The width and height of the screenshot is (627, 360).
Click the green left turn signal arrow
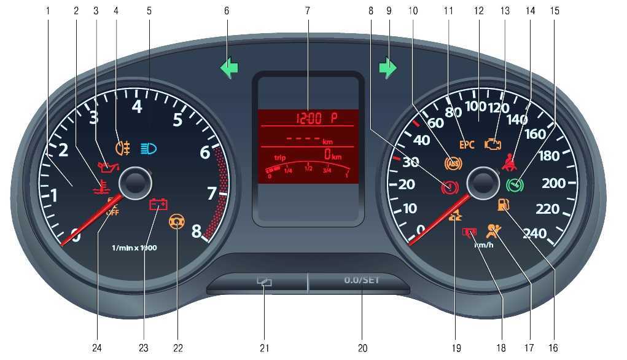click(229, 68)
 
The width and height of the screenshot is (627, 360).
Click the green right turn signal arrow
click(388, 68)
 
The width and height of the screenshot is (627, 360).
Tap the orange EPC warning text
click(467, 145)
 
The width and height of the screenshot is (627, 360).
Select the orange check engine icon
click(493, 144)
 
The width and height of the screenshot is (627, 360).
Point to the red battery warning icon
click(158, 205)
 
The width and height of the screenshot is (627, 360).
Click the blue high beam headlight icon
click(149, 147)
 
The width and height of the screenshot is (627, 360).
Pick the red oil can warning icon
click(107, 167)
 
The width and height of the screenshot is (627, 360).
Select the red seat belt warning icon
click(508, 163)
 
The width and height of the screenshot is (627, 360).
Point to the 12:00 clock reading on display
click(310, 117)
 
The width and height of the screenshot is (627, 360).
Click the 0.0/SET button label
click(362, 280)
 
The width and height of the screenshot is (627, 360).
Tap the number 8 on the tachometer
click(196, 232)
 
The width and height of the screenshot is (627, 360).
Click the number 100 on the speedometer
click(475, 106)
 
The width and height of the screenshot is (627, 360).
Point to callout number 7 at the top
click(307, 11)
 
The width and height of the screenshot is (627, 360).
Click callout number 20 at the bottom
click(362, 348)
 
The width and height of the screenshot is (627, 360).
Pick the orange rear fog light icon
click(122, 147)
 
